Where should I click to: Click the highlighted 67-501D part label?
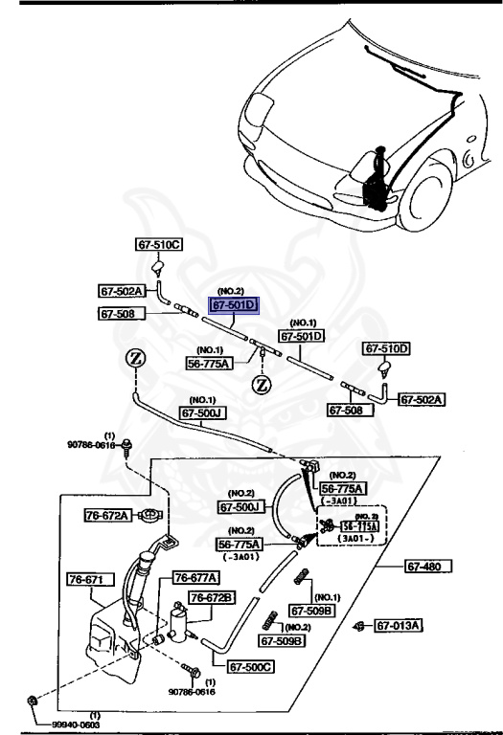[x=235, y=305]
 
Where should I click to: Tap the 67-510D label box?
[x=385, y=348]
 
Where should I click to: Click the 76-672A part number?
[x=107, y=515]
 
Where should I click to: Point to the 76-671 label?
[x=90, y=579]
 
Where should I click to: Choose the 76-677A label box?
[x=195, y=578]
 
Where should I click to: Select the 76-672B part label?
[x=211, y=597]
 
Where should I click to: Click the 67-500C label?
[x=251, y=667]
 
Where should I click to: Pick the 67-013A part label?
[x=398, y=626]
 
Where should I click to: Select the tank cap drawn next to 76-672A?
[x=149, y=515]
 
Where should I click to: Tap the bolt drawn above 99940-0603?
[x=34, y=702]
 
